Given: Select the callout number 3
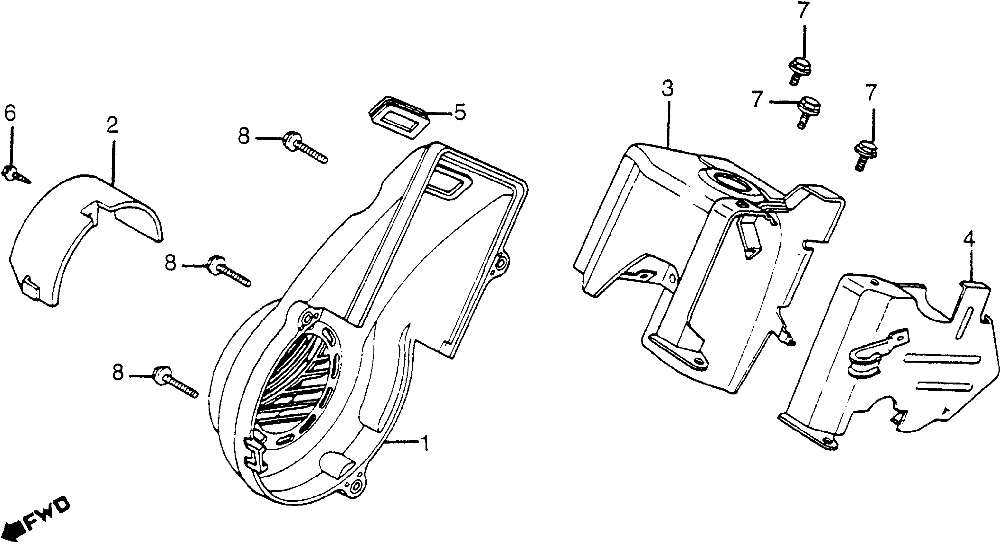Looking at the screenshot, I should [x=667, y=89].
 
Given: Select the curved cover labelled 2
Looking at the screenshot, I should [x=78, y=238].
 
